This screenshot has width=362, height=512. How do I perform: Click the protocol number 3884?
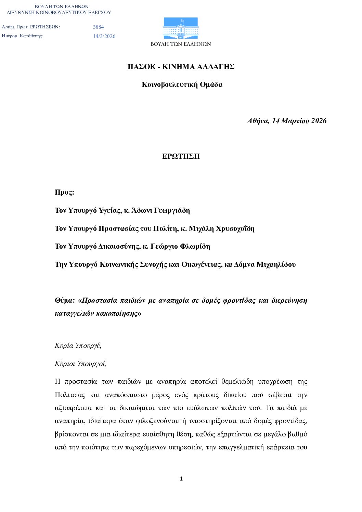(x=99, y=27)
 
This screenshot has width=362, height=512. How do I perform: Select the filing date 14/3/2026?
(x=104, y=36)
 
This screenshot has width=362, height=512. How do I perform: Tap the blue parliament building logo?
(x=181, y=28)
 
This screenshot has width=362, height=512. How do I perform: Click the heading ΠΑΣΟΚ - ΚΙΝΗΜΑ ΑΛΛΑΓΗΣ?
(x=181, y=67)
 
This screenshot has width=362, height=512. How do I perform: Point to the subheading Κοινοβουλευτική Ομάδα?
(x=182, y=85)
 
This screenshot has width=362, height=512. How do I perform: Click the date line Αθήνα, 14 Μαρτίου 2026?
(x=287, y=121)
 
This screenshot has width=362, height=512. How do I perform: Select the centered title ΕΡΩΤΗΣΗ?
(x=181, y=157)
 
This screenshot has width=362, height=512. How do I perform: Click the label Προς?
(x=64, y=192)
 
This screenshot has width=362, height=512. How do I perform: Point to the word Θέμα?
(x=65, y=301)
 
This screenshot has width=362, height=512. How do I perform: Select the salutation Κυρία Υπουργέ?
(x=78, y=345)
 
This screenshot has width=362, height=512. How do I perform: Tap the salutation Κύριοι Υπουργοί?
(x=80, y=364)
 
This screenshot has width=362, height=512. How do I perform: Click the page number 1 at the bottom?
(x=181, y=479)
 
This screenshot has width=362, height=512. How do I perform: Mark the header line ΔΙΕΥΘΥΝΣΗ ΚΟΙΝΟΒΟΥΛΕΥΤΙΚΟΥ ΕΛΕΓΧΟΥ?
(x=59, y=12)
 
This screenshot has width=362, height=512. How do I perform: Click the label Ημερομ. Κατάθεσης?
(x=23, y=36)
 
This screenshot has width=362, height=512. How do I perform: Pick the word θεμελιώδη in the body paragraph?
(x=237, y=382)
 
